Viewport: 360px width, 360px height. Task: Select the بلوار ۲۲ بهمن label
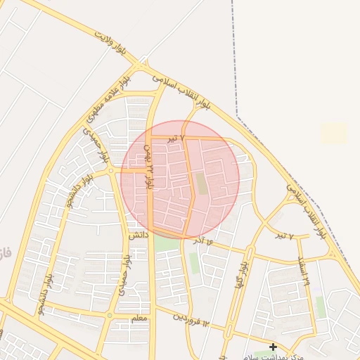pyautogui.click(x=148, y=166)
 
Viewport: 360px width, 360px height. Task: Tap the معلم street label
pyautogui.click(x=139, y=319)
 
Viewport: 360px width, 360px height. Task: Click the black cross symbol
pyautogui.click(x=273, y=347)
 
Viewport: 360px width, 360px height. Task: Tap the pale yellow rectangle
pyautogui.click(x=334, y=133)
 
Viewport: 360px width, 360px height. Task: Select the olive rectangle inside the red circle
pyautogui.click(x=201, y=184)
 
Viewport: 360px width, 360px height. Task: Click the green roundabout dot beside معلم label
pyautogui.click(x=110, y=316)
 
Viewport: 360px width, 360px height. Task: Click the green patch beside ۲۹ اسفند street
pyautogui.click(x=321, y=307)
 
